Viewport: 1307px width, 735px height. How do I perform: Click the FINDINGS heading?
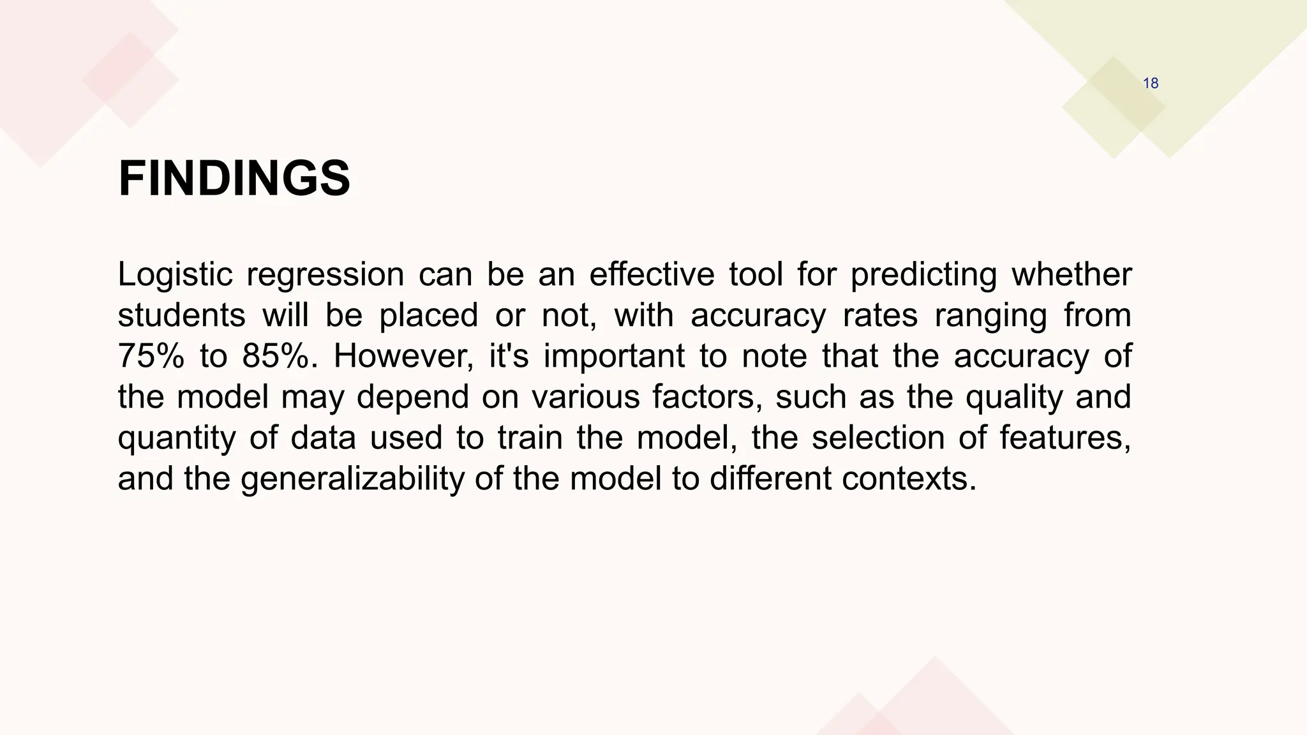point(234,179)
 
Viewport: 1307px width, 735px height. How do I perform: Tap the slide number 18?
point(1150,84)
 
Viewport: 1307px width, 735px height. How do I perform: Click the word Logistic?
point(175,275)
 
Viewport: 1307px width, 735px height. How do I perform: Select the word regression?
point(325,275)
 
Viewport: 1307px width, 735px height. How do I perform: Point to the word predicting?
point(923,275)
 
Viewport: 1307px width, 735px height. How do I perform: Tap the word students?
point(181,315)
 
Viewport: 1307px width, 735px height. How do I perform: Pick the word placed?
point(428,316)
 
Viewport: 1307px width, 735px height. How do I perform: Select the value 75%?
point(151,356)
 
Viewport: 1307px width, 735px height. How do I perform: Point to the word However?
point(403,356)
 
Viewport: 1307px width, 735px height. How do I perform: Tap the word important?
point(614,356)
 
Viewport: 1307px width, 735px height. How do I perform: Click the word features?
point(1064,438)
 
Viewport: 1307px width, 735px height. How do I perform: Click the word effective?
point(651,274)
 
